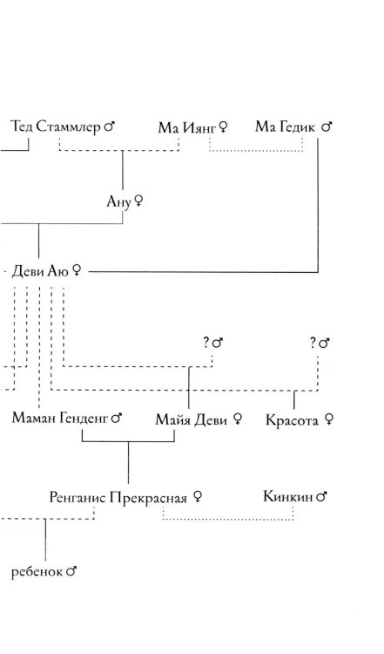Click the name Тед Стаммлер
[56, 126]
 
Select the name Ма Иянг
[187, 127]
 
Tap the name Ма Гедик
[286, 126]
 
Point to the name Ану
[119, 202]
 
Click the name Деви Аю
[40, 271]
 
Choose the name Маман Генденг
[61, 418]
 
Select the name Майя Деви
[192, 419]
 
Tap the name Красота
[292, 420]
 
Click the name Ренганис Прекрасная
[118, 497]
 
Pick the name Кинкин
[288, 496]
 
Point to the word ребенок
[37, 571]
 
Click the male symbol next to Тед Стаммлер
[109, 126]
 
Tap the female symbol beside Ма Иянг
[223, 127]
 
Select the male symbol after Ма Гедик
[327, 126]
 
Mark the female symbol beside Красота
[328, 419]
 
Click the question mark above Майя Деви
[205, 343]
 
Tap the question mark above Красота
[313, 344]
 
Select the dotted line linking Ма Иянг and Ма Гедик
[256, 151]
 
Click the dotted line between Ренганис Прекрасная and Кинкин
[228, 520]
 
